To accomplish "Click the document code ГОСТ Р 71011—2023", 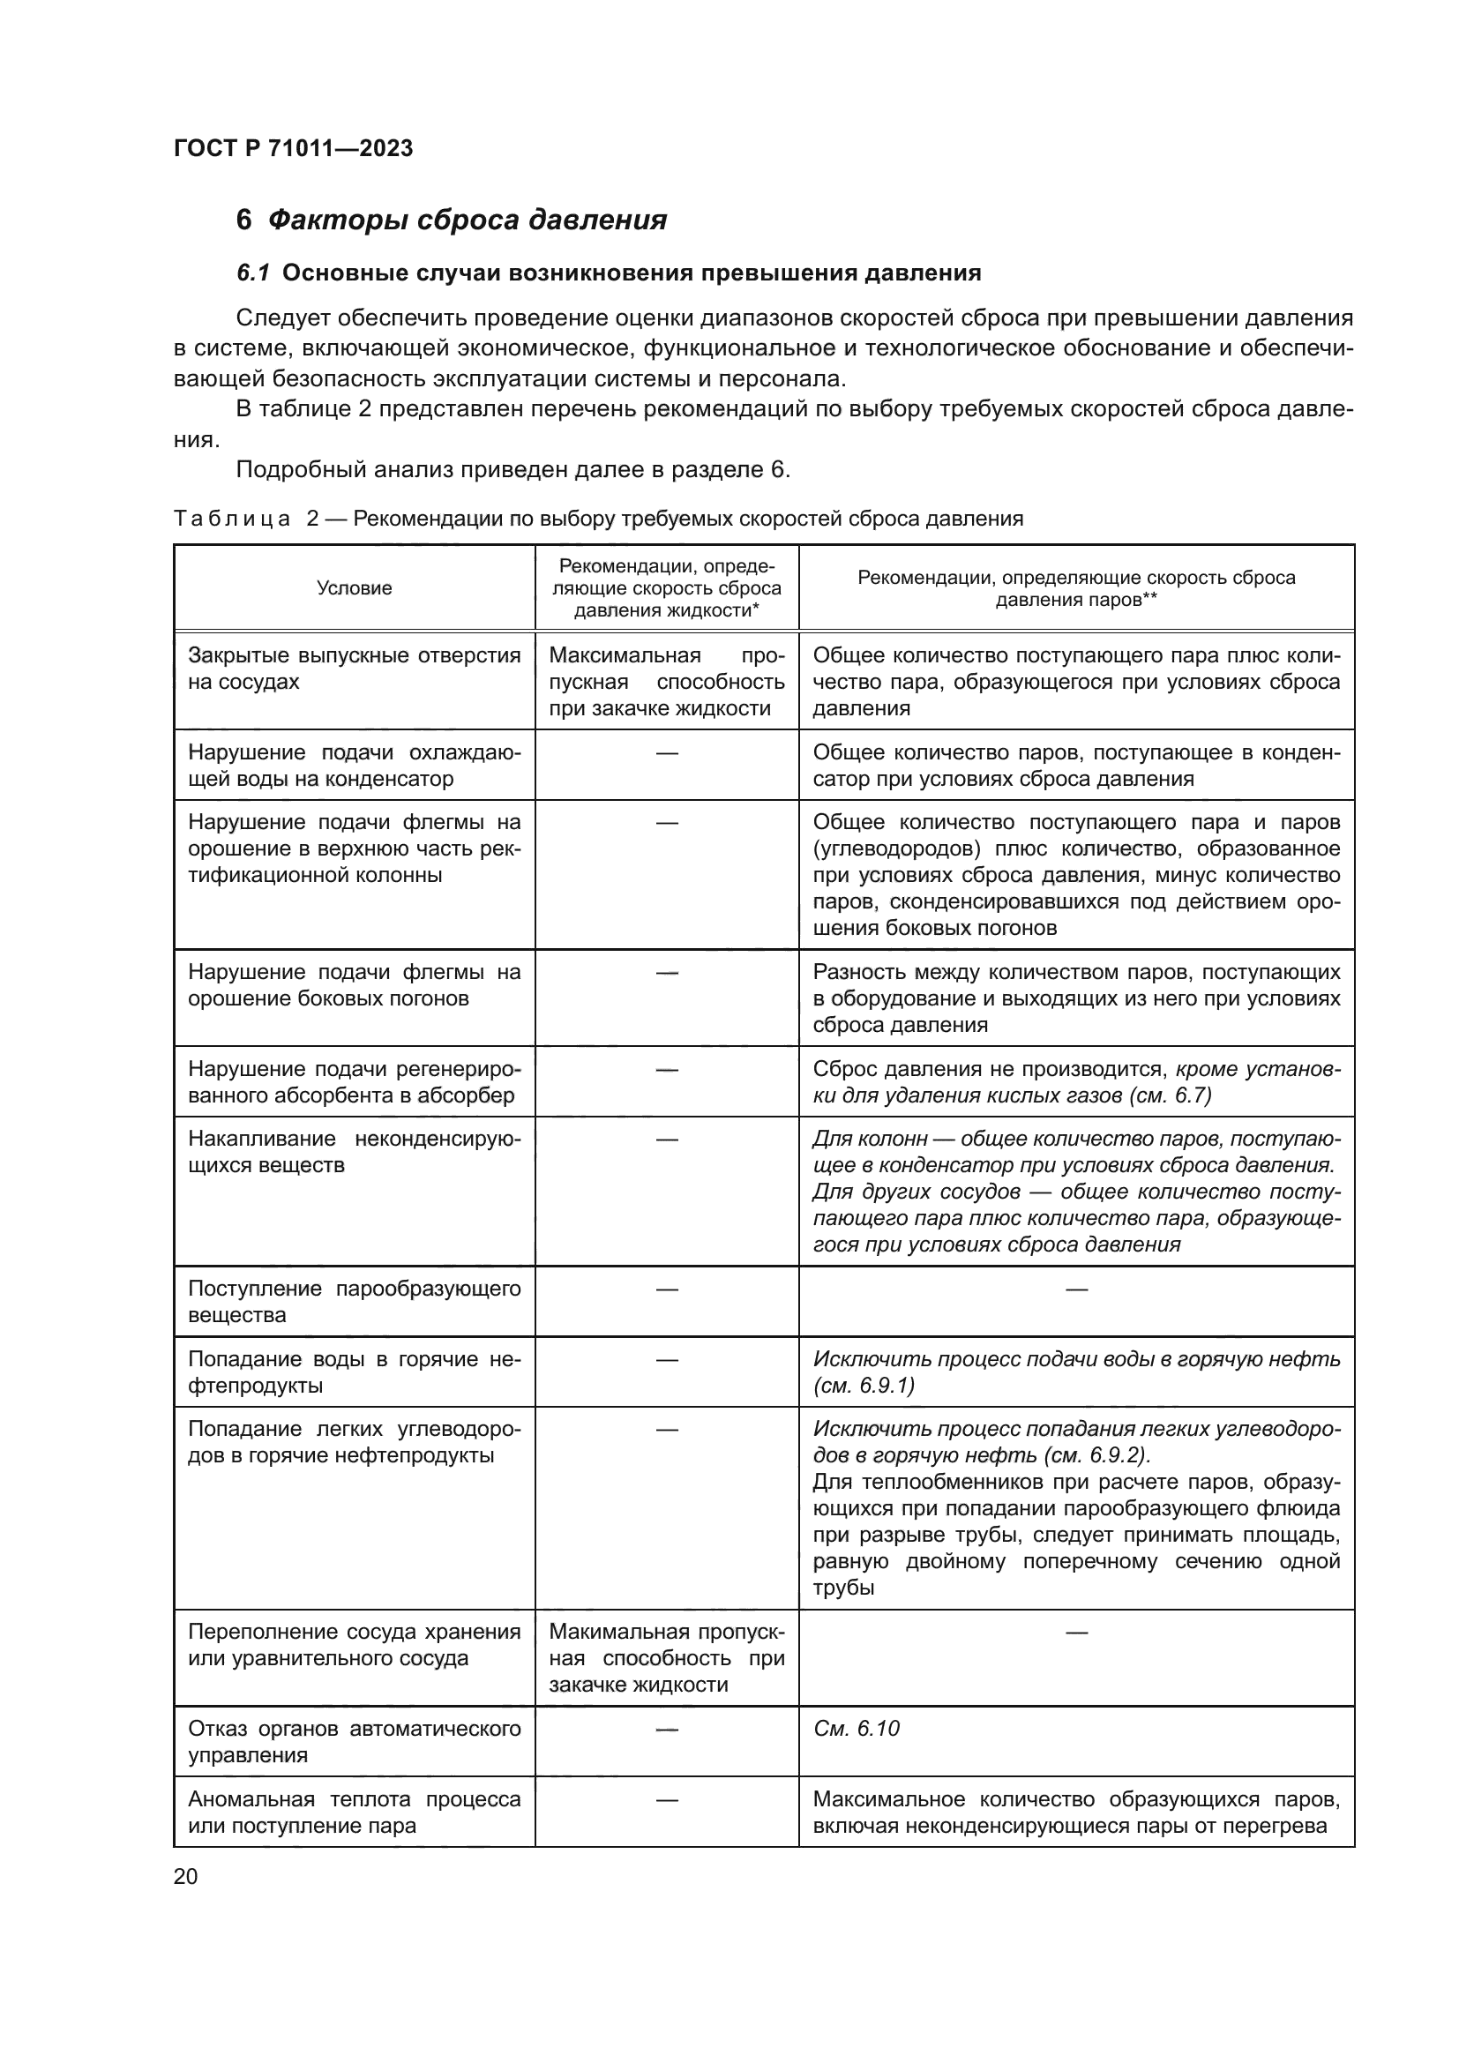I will point(293,148).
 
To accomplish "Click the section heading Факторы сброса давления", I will point(467,221).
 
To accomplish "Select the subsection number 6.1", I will point(253,273).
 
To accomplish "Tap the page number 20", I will point(185,1876).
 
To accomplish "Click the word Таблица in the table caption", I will point(232,519).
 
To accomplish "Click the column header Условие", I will point(354,588).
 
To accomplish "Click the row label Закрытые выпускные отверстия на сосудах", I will point(354,669).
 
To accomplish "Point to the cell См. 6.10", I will point(856,1729).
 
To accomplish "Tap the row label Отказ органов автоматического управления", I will point(354,1741).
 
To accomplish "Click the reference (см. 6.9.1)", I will point(864,1386).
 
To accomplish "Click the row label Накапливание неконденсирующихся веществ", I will point(354,1152).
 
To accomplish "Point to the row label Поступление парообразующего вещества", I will point(354,1301).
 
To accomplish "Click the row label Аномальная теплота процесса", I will point(354,1813).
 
